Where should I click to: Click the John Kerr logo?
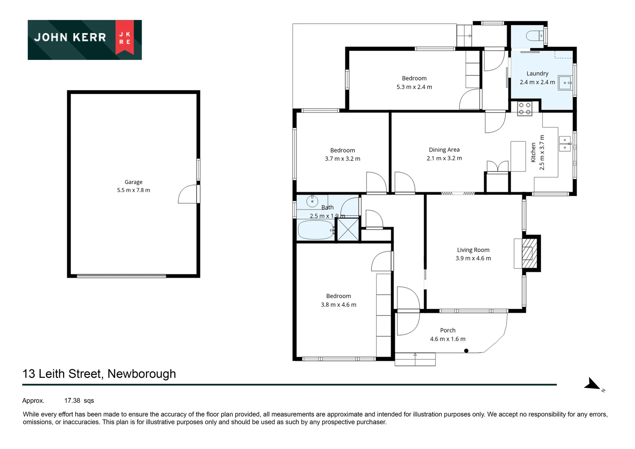[84, 39]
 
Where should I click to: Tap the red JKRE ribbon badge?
[125, 37]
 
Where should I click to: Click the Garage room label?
[133, 182]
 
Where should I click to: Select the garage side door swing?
[188, 195]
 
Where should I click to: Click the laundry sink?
[565, 83]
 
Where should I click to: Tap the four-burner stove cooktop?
[524, 109]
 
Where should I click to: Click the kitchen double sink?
[564, 144]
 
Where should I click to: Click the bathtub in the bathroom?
[315, 230]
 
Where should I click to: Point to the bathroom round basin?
[312, 202]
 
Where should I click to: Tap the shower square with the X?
[347, 229]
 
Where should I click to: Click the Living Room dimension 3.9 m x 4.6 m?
[473, 258]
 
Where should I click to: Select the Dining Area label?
[444, 150]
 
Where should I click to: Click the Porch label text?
[448, 330]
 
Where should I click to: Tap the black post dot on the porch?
[466, 351]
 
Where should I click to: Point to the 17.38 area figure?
[72, 401]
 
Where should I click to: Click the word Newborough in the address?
[141, 374]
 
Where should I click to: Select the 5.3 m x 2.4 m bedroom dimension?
[414, 87]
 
